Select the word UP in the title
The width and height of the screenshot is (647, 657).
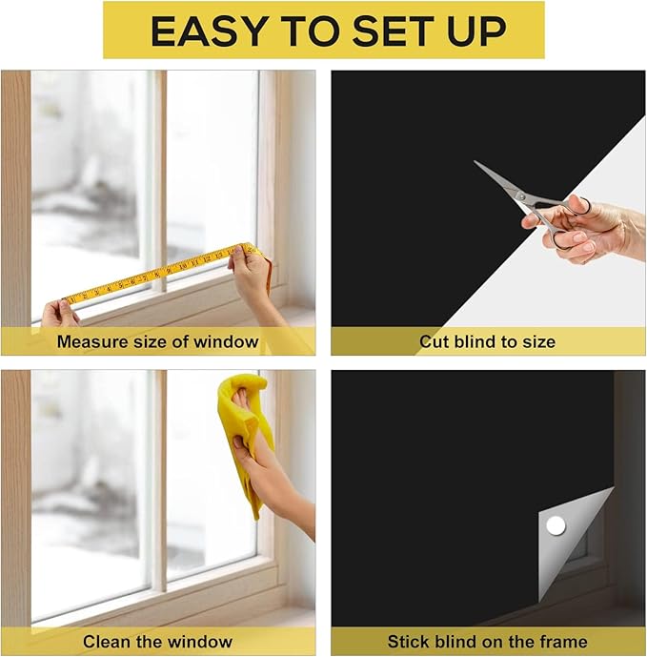pos(475,31)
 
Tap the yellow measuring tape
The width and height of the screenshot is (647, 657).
pos(162,274)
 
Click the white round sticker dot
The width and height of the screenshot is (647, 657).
pos(556,525)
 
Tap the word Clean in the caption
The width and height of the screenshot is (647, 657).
pos(103,642)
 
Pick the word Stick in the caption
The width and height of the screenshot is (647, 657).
pos(408,642)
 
